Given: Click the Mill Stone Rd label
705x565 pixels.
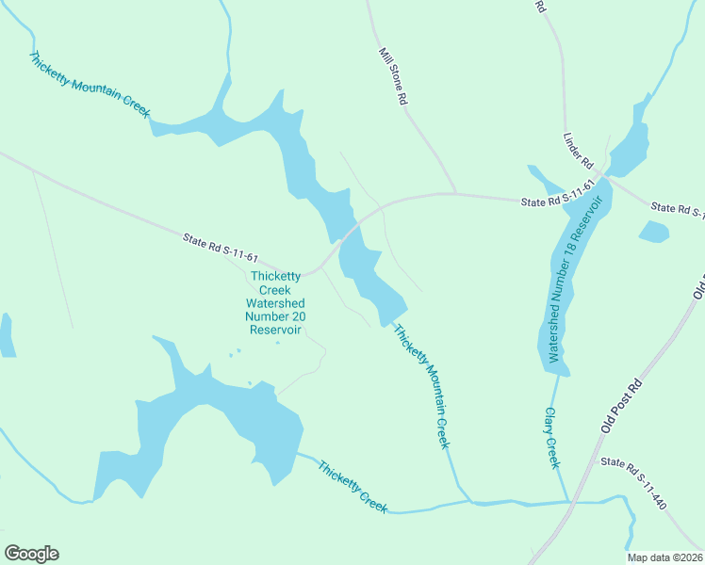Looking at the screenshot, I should point(393,76).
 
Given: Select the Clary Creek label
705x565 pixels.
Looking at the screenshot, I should point(551,438).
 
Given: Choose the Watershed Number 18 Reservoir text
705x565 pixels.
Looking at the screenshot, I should point(568,280).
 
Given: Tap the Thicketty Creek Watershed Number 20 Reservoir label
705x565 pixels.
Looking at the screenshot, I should point(275,303).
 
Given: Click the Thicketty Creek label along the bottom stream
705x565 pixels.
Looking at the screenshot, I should point(352,486).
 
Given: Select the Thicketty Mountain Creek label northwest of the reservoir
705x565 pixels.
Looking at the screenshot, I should point(90,85).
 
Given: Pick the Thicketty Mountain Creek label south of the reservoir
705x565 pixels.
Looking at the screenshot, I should point(420,386).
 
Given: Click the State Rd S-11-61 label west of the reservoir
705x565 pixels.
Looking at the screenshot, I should point(221,250).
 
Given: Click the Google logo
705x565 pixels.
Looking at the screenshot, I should point(31,554).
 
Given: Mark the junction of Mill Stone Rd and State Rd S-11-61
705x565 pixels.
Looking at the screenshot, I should point(456,193).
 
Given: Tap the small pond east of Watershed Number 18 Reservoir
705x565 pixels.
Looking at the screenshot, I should point(654,231).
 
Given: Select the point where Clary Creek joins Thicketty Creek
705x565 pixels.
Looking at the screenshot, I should point(567,502).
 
